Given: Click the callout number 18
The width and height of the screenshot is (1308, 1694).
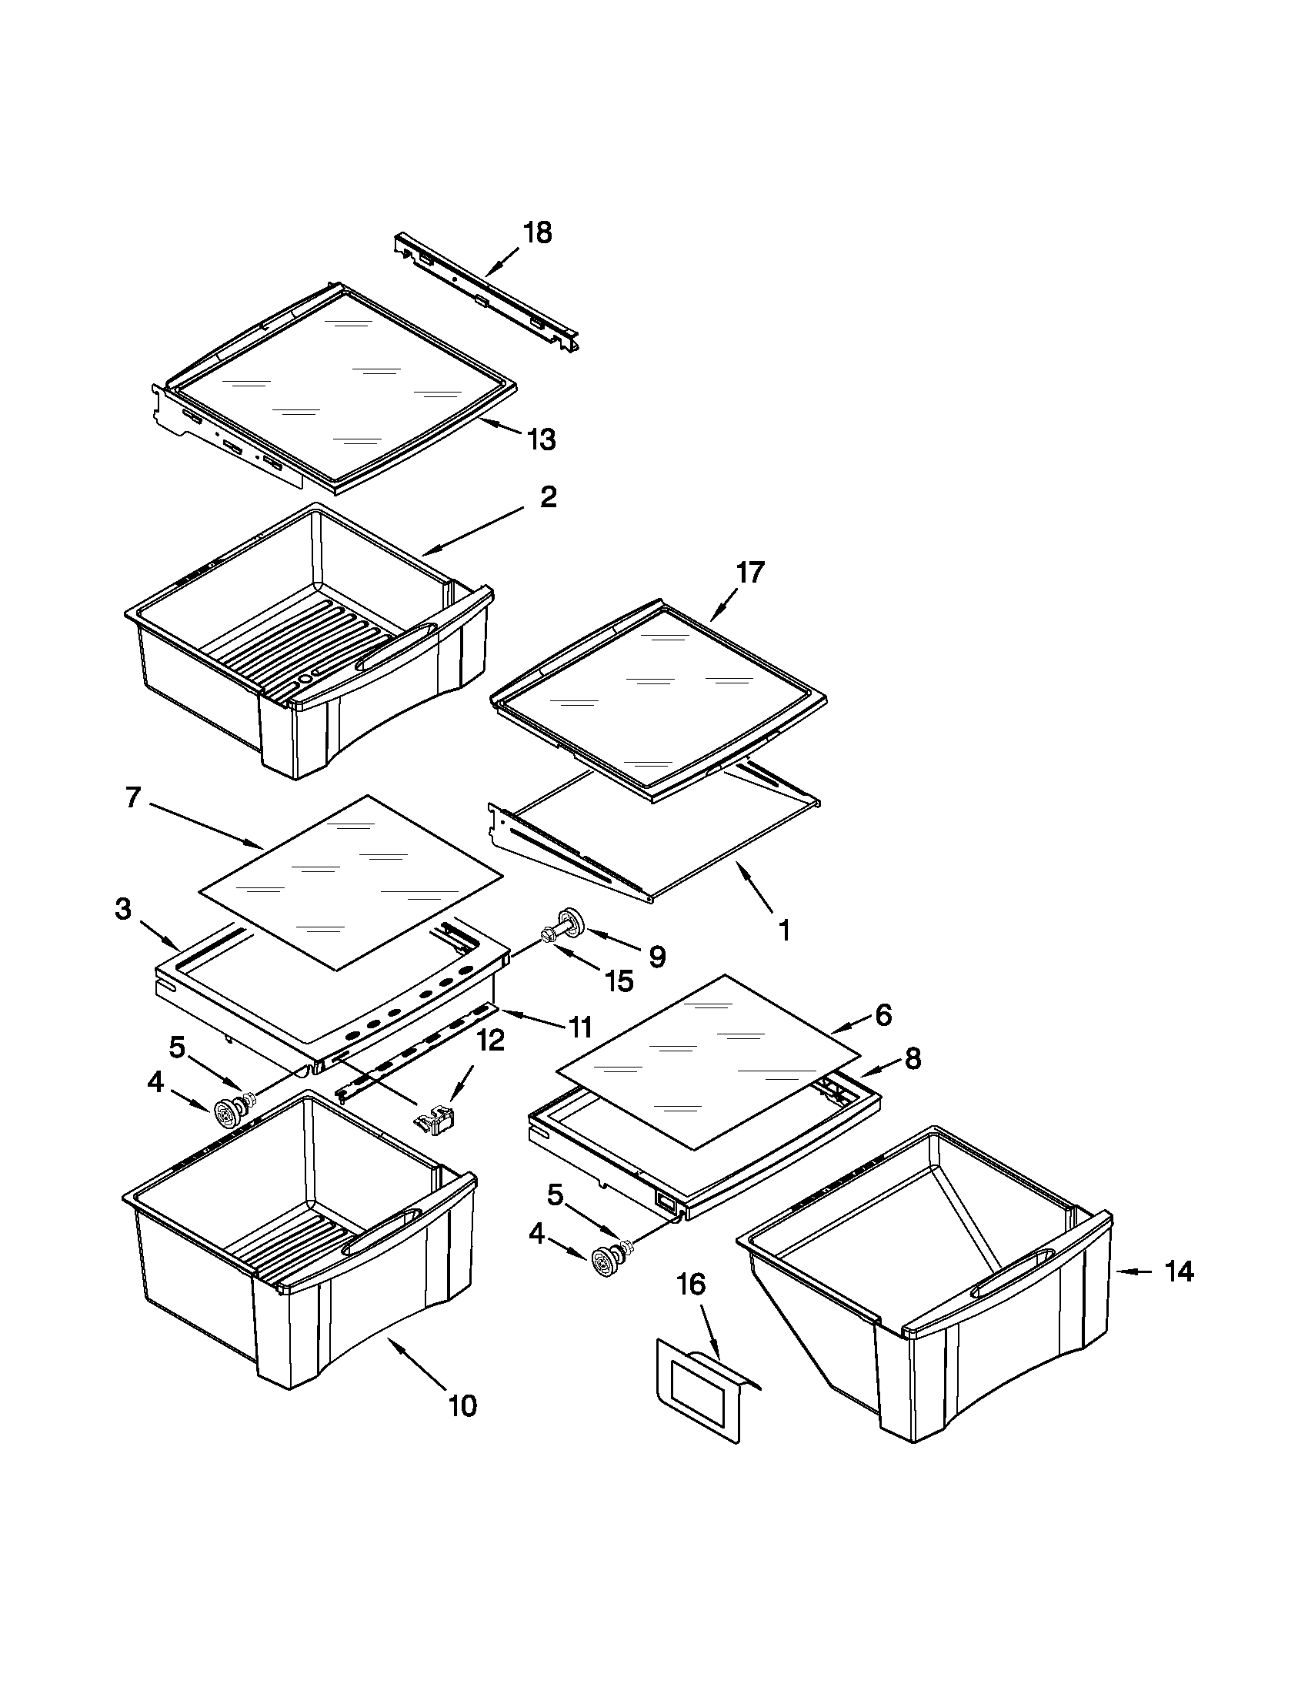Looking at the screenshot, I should [x=537, y=232].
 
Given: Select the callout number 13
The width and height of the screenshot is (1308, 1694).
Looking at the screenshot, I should [x=541, y=439].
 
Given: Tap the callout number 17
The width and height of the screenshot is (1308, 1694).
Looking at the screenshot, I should [x=749, y=573].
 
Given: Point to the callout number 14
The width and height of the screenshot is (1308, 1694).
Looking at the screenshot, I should [x=1179, y=1272].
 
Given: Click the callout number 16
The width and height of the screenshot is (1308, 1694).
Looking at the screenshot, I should [x=691, y=1285].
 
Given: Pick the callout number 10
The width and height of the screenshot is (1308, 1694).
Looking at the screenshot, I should [x=463, y=1406].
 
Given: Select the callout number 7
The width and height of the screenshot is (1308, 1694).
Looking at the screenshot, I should [x=133, y=797].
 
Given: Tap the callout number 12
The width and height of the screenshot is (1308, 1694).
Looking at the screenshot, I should [x=491, y=1039].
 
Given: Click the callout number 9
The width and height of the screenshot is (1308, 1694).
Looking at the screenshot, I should [x=657, y=957].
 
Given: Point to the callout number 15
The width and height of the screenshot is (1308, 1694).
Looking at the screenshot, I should [x=619, y=981].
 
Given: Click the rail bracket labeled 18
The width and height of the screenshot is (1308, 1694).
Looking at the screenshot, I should [x=487, y=292].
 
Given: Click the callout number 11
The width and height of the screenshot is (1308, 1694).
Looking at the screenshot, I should [x=579, y=1027].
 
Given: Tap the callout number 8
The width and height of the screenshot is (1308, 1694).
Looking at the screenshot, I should [x=913, y=1058].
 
